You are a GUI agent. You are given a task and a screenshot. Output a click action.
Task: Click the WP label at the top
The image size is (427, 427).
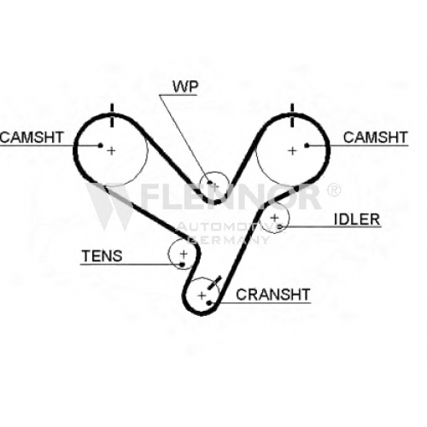[x=185, y=86]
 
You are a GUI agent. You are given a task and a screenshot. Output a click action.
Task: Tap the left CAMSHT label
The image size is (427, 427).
[x=32, y=137]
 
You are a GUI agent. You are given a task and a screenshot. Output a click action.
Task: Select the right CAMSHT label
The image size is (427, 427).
[x=376, y=137]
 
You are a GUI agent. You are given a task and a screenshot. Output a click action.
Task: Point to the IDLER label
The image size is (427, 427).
[x=357, y=219]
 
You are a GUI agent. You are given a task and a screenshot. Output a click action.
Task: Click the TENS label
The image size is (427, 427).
[x=102, y=256]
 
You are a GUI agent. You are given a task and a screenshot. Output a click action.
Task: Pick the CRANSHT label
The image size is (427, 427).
[x=273, y=295]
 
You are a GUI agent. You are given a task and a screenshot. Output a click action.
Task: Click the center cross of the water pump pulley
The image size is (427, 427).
[x=214, y=187]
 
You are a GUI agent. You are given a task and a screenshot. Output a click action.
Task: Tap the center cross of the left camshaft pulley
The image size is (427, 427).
[x=111, y=150]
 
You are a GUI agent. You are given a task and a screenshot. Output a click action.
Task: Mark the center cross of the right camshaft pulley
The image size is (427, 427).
[x=292, y=150]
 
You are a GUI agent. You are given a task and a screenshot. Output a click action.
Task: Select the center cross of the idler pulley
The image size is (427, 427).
[x=274, y=218]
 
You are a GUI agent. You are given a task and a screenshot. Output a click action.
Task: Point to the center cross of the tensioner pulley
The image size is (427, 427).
[x=184, y=254]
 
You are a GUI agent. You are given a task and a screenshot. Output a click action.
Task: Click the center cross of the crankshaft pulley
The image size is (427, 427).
[x=202, y=295]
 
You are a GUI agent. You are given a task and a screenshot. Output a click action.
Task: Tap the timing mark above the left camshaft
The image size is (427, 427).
[x=112, y=115]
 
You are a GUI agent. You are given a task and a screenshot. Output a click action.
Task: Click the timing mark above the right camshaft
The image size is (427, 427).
[x=292, y=115]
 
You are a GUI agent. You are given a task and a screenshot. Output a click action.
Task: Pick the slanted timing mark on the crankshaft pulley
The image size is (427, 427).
[x=214, y=283]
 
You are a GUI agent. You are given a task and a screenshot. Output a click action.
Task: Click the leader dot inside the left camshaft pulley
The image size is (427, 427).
[x=100, y=145]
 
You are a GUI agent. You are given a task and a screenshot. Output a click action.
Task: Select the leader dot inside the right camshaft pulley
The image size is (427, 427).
[x=307, y=145]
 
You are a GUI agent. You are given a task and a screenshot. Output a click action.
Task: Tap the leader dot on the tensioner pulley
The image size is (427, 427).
[x=182, y=265]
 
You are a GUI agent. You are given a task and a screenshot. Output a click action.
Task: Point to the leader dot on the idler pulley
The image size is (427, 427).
[x=280, y=226]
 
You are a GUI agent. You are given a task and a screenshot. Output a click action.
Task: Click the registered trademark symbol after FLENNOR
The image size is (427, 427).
[x=333, y=190]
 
